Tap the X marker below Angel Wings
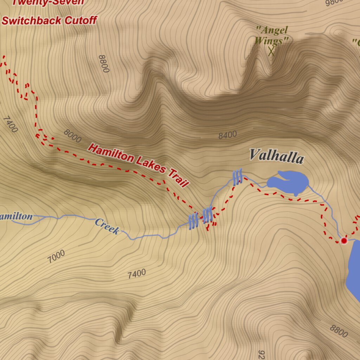coord(271,52)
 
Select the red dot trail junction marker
coord(344,241)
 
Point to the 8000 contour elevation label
coord(72,136)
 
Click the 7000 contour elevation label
coord(56,257)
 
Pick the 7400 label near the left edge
coord(10,124)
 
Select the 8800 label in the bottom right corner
coord(339,331)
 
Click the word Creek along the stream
coord(107,226)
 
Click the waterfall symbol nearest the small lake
coord(238,177)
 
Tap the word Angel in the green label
coord(272,31)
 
